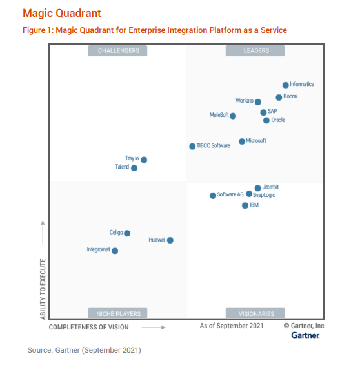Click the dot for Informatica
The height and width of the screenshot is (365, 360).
pyautogui.click(x=285, y=85)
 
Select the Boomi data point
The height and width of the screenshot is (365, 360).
pyautogui.click(x=279, y=98)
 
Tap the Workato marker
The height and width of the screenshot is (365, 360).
pyautogui.click(x=258, y=101)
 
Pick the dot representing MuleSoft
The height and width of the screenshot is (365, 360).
pyautogui.click(x=233, y=116)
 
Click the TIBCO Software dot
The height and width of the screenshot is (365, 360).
pyautogui.click(x=192, y=146)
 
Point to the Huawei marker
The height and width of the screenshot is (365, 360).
pyautogui.click(x=170, y=240)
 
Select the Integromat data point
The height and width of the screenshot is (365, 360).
pyautogui.click(x=115, y=251)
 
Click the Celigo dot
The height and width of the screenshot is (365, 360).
pyautogui.click(x=127, y=233)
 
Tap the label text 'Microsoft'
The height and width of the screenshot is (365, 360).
pyautogui.click(x=256, y=141)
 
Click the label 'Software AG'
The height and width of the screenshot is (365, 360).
pyautogui.click(x=230, y=194)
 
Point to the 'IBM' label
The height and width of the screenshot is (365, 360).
pyautogui.click(x=254, y=205)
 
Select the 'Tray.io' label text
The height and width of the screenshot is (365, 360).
pyautogui.click(x=132, y=158)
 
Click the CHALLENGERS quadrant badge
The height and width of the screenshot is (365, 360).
pyautogui.click(x=118, y=50)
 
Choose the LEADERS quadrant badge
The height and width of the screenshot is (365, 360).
pyautogui.click(x=256, y=50)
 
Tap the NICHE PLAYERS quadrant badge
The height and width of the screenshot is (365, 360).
pyautogui.click(x=118, y=313)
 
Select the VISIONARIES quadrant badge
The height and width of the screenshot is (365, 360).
pyautogui.click(x=256, y=313)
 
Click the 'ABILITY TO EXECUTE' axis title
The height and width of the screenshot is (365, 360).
pyautogui.click(x=43, y=289)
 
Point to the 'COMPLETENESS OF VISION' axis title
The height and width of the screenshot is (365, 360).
pyautogui.click(x=89, y=327)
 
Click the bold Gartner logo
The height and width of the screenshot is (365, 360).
pyautogui.click(x=305, y=335)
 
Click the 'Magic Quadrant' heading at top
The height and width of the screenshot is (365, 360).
pyautogui.click(x=61, y=13)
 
